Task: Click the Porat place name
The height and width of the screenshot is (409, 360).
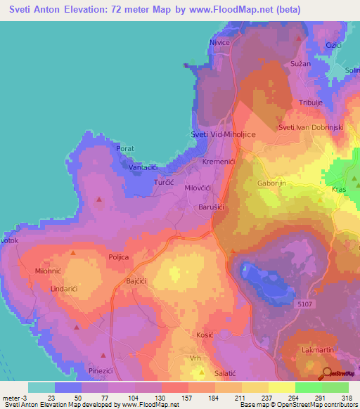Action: (126, 149)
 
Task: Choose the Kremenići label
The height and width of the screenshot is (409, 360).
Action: (219, 162)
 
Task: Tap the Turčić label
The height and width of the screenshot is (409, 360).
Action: (164, 182)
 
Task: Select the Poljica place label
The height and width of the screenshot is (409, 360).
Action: (118, 257)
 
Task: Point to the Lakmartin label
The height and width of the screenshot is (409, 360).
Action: (316, 349)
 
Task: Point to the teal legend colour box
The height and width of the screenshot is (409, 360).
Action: (41, 387)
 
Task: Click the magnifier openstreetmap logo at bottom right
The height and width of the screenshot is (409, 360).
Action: (328, 372)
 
